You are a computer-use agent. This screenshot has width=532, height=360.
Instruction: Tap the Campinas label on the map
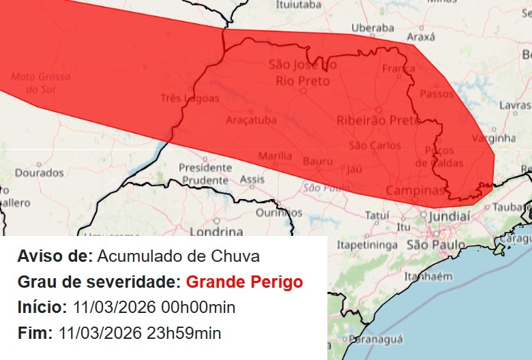(x=415, y=190)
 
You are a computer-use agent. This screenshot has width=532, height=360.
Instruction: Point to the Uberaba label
(x=372, y=28)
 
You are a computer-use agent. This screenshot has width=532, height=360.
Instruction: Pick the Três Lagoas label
(x=190, y=98)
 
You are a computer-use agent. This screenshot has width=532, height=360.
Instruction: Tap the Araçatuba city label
(x=252, y=120)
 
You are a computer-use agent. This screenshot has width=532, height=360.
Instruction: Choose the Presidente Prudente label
(x=204, y=174)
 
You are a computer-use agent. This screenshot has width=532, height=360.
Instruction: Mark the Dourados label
(x=39, y=173)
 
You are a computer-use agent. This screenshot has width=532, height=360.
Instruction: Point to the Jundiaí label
(x=449, y=215)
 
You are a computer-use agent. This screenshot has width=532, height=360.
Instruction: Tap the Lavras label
(x=515, y=105)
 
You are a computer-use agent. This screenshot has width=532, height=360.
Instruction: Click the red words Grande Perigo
(x=244, y=282)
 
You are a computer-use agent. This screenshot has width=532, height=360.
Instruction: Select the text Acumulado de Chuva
(x=179, y=256)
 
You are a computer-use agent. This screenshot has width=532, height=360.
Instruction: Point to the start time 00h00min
(x=196, y=307)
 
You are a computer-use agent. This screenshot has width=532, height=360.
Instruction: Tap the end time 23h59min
(x=181, y=333)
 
